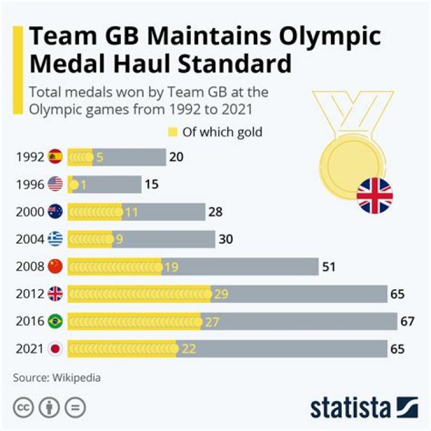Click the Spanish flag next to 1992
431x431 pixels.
point(55,157)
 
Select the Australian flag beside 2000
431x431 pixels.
point(55,212)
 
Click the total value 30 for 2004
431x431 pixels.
point(226,239)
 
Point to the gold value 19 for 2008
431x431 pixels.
point(171,267)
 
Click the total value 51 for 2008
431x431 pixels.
point(329,267)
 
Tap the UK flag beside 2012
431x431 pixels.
point(55,294)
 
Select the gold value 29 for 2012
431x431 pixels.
point(221,294)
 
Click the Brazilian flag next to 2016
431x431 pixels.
point(55,321)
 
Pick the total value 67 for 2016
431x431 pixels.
point(408,321)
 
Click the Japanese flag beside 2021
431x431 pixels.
point(55,348)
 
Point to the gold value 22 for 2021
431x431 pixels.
point(189,348)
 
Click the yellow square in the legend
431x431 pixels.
point(173,132)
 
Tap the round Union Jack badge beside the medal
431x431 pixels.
point(374,196)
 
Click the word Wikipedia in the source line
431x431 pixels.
point(77,378)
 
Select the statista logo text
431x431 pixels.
point(350,408)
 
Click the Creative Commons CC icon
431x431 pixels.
point(23,408)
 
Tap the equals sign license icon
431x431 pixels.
point(75,408)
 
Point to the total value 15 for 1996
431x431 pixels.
point(151,185)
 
